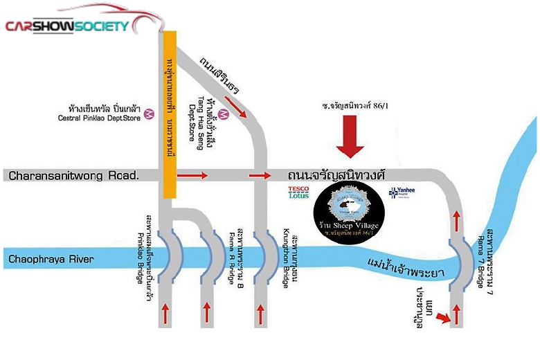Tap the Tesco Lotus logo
point(298,192)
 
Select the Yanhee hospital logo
point(402,192)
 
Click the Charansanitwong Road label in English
point(74,176)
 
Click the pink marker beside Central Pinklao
point(148,118)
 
